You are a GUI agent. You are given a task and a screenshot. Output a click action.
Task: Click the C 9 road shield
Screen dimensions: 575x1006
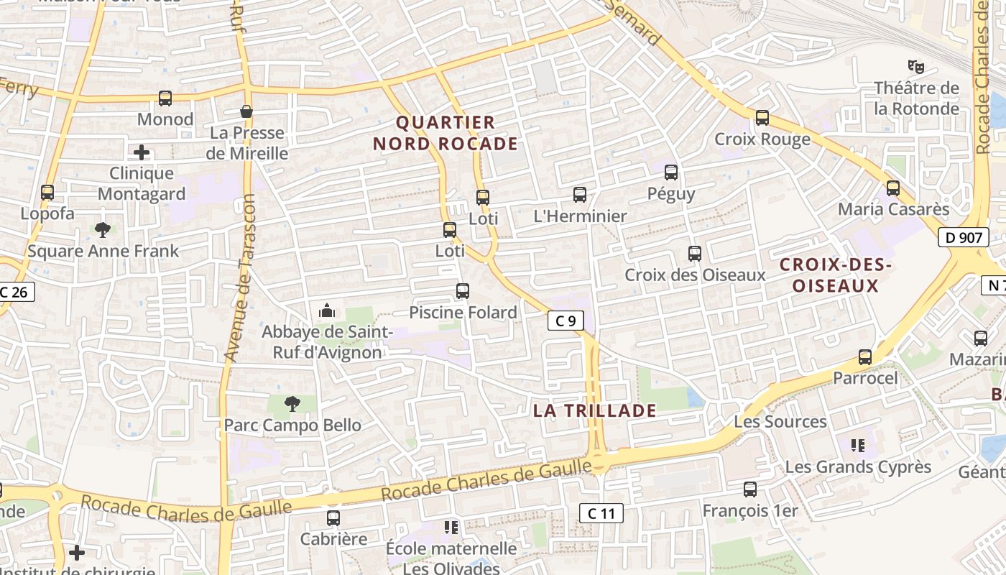point(566,321)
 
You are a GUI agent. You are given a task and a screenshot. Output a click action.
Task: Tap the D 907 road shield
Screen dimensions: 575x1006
point(964,237)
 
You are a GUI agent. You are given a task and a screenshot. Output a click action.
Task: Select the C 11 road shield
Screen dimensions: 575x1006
point(601,513)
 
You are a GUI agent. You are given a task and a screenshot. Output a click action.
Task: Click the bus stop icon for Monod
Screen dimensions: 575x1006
point(165,98)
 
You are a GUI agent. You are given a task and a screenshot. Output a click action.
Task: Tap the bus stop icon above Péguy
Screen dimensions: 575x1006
point(671,172)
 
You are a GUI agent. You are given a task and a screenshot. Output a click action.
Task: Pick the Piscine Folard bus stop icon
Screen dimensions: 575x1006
point(463,291)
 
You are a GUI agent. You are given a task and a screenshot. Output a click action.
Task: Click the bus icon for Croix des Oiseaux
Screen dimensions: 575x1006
point(695,254)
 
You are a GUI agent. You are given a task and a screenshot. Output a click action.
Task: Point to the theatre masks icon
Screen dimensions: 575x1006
point(915,67)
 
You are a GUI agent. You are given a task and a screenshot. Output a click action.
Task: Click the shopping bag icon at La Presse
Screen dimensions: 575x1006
point(246,111)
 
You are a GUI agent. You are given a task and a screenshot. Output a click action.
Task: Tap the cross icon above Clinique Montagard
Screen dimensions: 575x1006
point(142,152)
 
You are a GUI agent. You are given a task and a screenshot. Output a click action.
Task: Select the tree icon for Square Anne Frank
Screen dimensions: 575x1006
point(103,230)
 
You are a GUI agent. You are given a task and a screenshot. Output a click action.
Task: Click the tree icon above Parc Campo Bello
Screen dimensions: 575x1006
point(292,404)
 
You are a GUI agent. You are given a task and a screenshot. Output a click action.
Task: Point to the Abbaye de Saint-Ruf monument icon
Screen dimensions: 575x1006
point(327,311)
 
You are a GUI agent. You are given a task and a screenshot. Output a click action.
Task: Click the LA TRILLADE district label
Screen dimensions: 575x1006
point(594,410)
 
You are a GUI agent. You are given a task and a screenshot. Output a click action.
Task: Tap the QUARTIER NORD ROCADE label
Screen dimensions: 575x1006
point(446,133)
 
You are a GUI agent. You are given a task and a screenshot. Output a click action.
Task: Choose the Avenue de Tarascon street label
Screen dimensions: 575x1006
point(241,277)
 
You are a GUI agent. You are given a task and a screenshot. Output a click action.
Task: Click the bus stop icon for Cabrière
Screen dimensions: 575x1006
point(333,517)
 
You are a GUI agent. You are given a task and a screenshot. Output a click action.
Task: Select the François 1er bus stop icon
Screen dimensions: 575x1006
point(750,489)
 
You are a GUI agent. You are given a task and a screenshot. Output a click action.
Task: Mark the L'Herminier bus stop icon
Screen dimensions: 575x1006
point(580,195)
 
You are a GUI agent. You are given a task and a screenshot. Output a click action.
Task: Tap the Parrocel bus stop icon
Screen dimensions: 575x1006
point(865,357)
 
